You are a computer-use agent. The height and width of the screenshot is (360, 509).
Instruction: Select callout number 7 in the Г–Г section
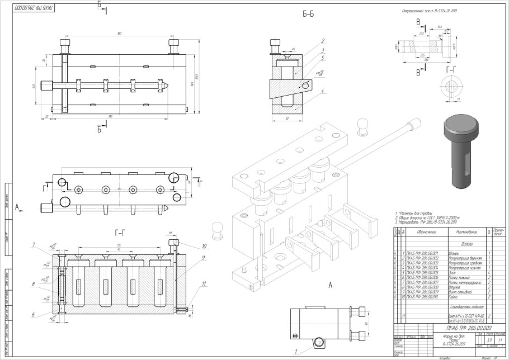(35, 244)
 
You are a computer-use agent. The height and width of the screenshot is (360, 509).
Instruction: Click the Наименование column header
(466, 231)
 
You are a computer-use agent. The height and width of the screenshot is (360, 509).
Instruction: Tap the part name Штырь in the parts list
(454, 253)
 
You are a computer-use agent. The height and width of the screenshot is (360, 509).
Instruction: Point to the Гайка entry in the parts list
(454, 297)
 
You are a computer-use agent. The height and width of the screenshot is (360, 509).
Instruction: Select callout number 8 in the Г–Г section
(35, 284)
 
